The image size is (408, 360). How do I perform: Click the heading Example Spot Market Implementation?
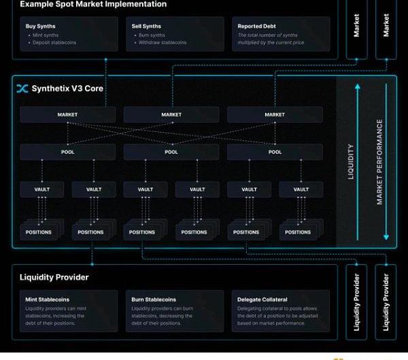tap(92, 4)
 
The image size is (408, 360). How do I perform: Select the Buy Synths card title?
tap(40, 27)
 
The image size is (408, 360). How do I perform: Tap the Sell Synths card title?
tap(146, 27)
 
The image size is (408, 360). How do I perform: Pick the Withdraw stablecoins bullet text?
tap(163, 43)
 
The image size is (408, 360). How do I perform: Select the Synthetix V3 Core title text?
tap(67, 88)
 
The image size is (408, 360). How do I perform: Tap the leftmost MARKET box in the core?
tap(67, 115)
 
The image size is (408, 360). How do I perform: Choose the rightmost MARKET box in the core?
tap(275, 115)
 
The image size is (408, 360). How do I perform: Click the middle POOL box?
tap(171, 152)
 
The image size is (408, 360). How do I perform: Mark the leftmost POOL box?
tap(67, 152)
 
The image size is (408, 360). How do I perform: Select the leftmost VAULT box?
tap(42, 189)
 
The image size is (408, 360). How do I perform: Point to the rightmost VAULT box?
tap(301, 189)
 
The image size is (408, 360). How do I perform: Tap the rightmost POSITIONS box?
tap(298, 232)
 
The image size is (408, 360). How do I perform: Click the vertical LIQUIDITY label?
tap(351, 161)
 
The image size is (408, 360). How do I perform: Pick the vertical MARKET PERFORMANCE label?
tap(379, 161)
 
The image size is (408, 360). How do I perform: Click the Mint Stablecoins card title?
tap(48, 299)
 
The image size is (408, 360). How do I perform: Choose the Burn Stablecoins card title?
tap(154, 299)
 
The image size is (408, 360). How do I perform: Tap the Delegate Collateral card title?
tap(262, 299)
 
